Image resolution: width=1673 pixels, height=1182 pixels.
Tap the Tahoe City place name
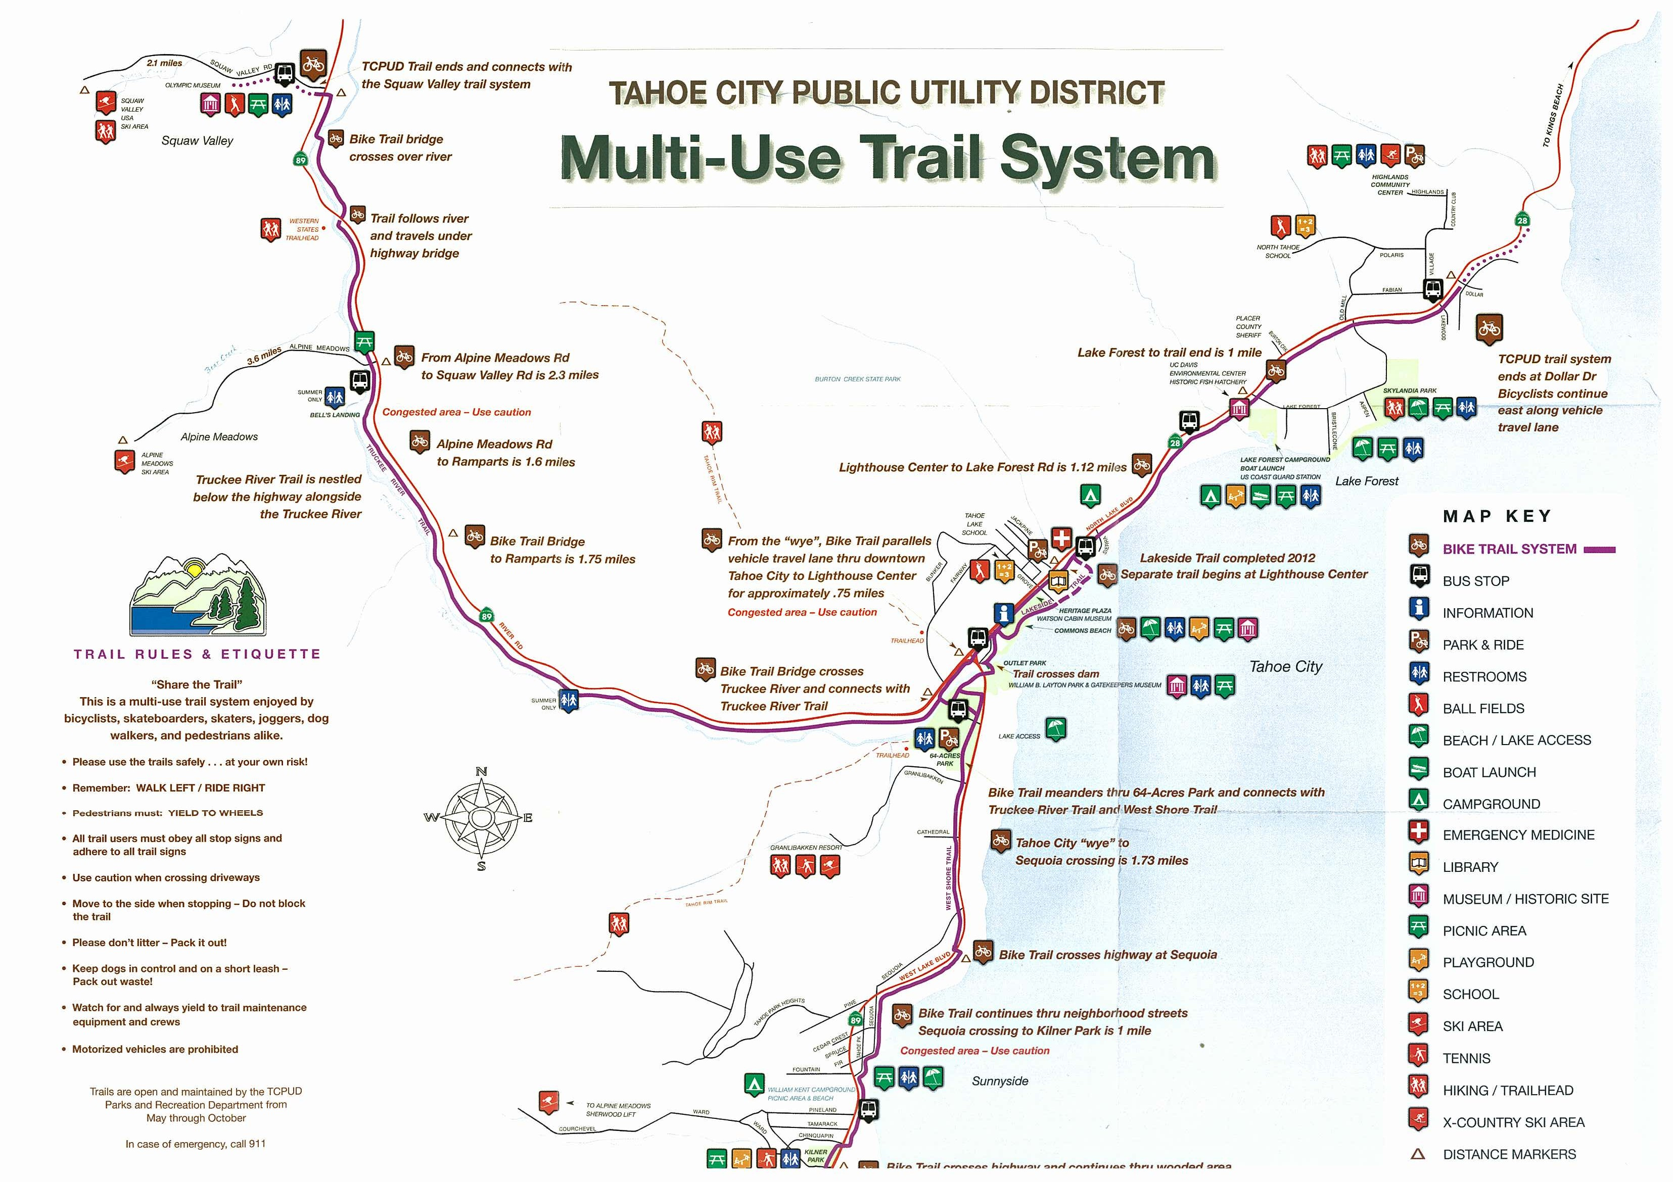[x=1285, y=666]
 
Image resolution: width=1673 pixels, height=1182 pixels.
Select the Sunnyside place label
[x=1000, y=1081]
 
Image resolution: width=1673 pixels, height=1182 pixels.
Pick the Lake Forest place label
[x=1366, y=481]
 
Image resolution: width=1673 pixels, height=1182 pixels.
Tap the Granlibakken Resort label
[x=806, y=848]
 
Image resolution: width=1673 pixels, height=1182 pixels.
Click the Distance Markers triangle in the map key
[x=1417, y=1154]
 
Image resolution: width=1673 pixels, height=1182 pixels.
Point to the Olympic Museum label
[x=193, y=86]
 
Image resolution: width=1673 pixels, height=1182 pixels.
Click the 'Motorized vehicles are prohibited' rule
[x=155, y=1050]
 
